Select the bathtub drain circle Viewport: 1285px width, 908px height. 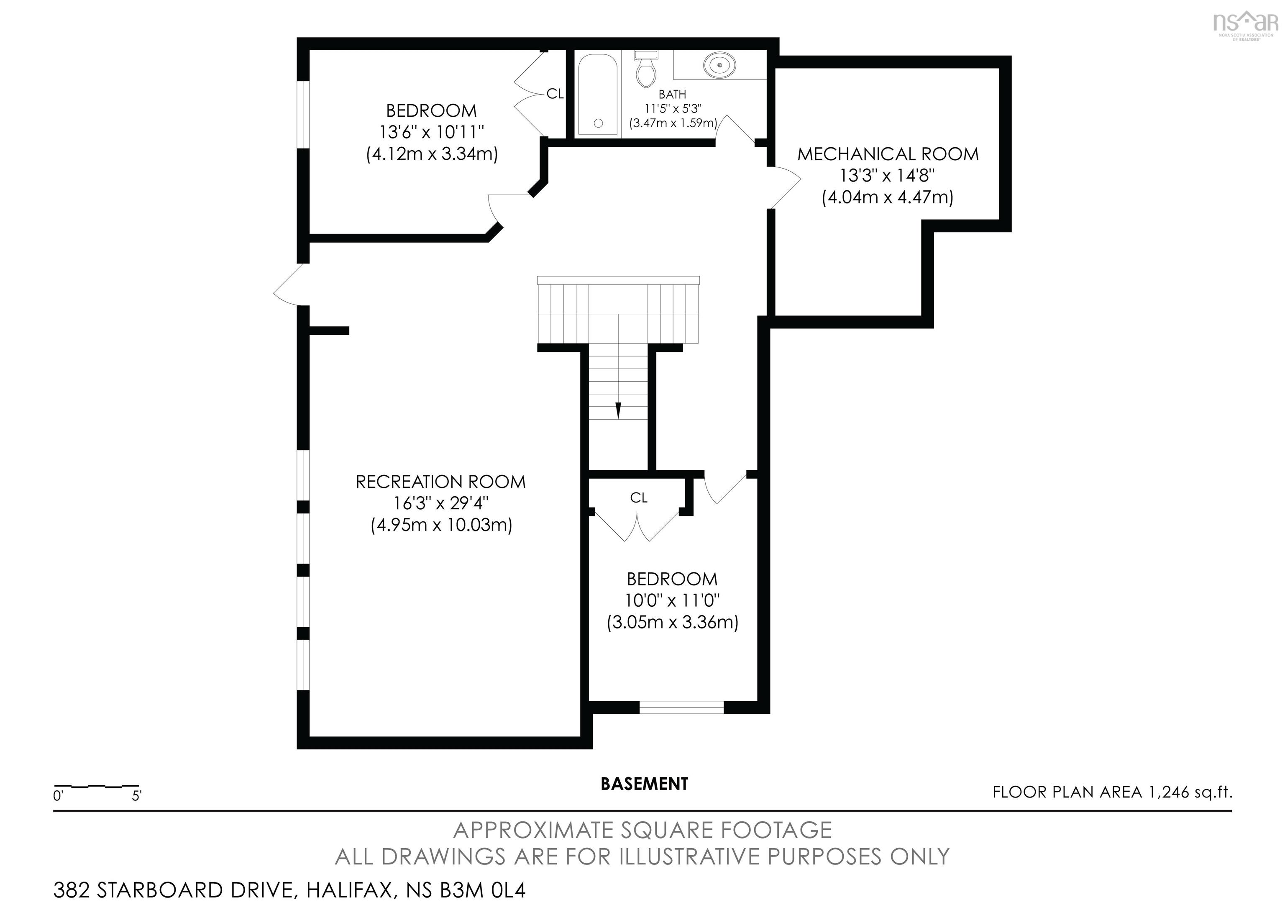click(598, 123)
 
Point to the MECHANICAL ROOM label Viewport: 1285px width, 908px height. click(888, 154)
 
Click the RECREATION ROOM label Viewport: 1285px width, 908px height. click(440, 482)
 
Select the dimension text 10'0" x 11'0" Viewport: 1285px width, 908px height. click(672, 601)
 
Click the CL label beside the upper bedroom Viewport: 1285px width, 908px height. click(555, 94)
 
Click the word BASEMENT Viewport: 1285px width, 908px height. click(644, 784)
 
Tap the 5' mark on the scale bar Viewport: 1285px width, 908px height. click(136, 795)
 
